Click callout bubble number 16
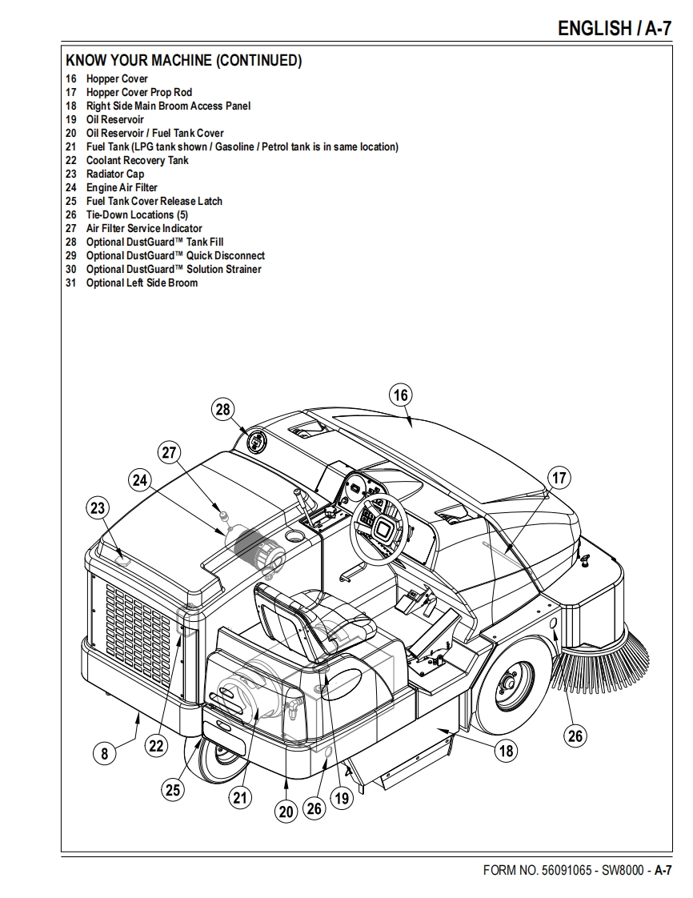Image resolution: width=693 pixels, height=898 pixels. [x=401, y=395]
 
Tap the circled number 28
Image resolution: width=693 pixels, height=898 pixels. [x=222, y=410]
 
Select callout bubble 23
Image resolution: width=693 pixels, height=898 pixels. [x=98, y=507]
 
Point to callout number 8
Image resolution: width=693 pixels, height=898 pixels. [x=104, y=752]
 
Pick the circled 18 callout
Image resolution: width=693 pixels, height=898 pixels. [x=507, y=751]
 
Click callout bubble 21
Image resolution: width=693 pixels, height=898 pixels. [x=240, y=796]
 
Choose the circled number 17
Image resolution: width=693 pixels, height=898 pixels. [x=559, y=479]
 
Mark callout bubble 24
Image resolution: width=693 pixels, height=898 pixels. [x=140, y=480]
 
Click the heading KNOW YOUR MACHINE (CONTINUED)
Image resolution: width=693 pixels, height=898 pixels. [x=183, y=61]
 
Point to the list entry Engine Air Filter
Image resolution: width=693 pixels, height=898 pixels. [x=122, y=187]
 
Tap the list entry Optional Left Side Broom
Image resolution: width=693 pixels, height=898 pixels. [x=142, y=283]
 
